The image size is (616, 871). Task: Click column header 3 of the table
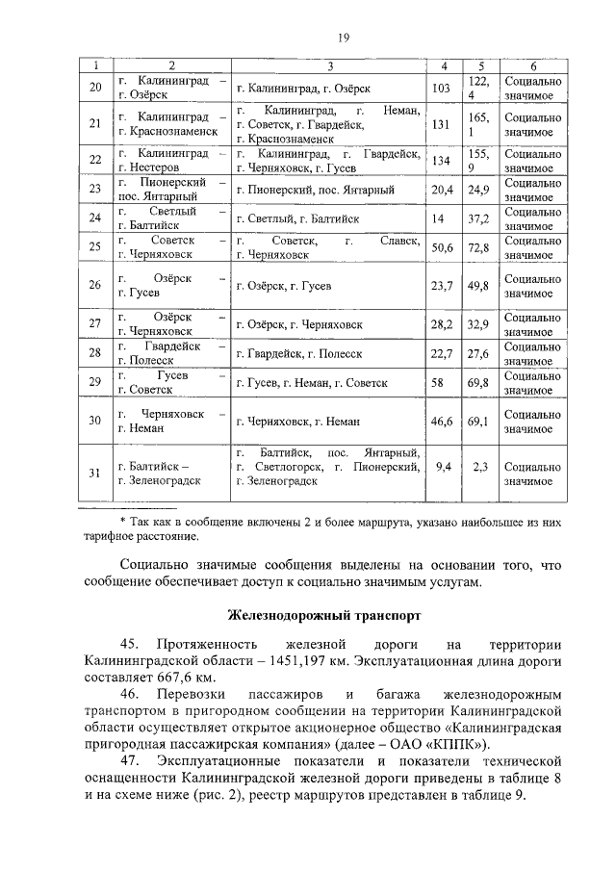[x=329, y=65]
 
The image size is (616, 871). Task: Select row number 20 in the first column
[x=94, y=88]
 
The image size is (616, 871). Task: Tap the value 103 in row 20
[x=443, y=88]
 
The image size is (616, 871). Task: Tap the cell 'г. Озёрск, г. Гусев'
[x=284, y=286]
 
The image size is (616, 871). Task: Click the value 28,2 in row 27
[x=443, y=324]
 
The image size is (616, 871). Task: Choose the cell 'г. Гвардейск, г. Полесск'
[x=298, y=353]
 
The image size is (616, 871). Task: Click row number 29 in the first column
[x=94, y=383]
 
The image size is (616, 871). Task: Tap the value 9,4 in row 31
[x=444, y=466]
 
